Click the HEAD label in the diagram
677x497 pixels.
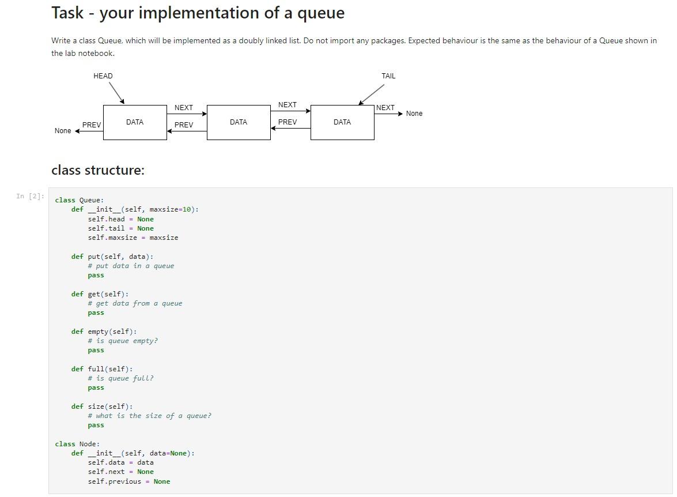coord(103,76)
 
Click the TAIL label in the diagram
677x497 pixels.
coord(388,76)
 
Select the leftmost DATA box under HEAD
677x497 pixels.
coord(135,122)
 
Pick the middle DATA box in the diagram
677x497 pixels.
coord(239,122)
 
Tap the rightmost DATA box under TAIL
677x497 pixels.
coord(342,122)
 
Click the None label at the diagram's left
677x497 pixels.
coord(63,131)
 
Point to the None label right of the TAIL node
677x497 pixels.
coord(414,114)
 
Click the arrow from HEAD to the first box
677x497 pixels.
coord(116,93)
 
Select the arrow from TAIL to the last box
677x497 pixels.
coord(372,95)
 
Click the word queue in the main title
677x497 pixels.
coord(321,13)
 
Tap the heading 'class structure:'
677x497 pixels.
coord(98,170)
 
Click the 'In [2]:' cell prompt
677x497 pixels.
coord(30,197)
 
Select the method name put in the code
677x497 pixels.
coord(93,257)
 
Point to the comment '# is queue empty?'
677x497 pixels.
coord(123,341)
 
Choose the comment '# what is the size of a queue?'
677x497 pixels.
coord(149,416)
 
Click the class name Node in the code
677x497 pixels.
coord(89,444)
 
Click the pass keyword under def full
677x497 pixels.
coord(96,388)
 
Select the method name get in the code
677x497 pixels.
coord(93,294)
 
